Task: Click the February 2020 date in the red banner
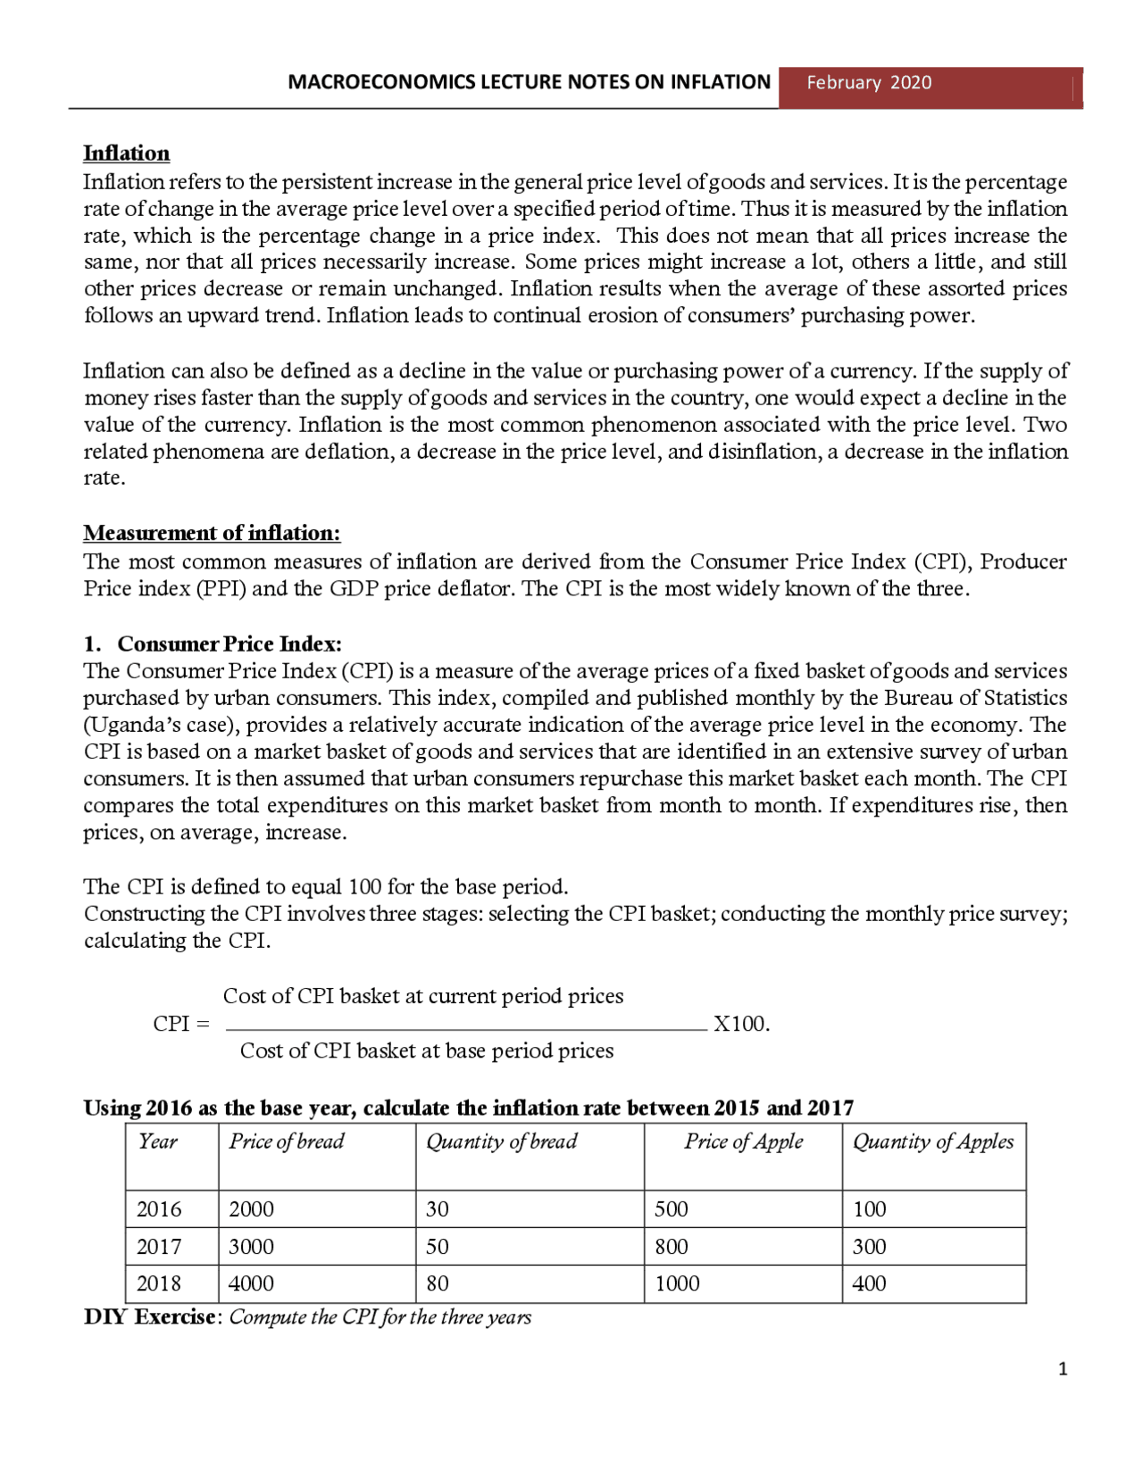[868, 83]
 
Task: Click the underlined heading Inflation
[126, 154]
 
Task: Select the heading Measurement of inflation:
[212, 533]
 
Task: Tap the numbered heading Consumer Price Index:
[229, 644]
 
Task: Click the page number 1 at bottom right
[1062, 1369]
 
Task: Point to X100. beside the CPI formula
[741, 1024]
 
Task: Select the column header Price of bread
[287, 1142]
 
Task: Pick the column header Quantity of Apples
[933, 1142]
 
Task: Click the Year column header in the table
[158, 1142]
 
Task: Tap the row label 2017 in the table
[159, 1247]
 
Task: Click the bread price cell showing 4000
[251, 1283]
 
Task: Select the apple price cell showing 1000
[677, 1283]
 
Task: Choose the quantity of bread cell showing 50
[437, 1247]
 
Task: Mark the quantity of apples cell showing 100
[869, 1209]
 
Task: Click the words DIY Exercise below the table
[149, 1317]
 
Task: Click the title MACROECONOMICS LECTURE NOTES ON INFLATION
[529, 83]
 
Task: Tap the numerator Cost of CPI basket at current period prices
[423, 996]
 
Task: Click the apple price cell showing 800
[671, 1247]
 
